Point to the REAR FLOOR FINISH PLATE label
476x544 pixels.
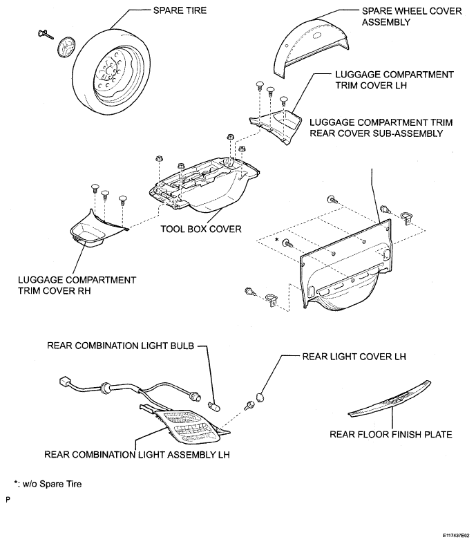(x=391, y=434)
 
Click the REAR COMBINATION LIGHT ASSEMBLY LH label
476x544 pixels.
(x=137, y=455)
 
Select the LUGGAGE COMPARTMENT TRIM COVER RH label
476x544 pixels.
(x=77, y=285)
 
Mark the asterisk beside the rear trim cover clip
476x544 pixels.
(x=276, y=238)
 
